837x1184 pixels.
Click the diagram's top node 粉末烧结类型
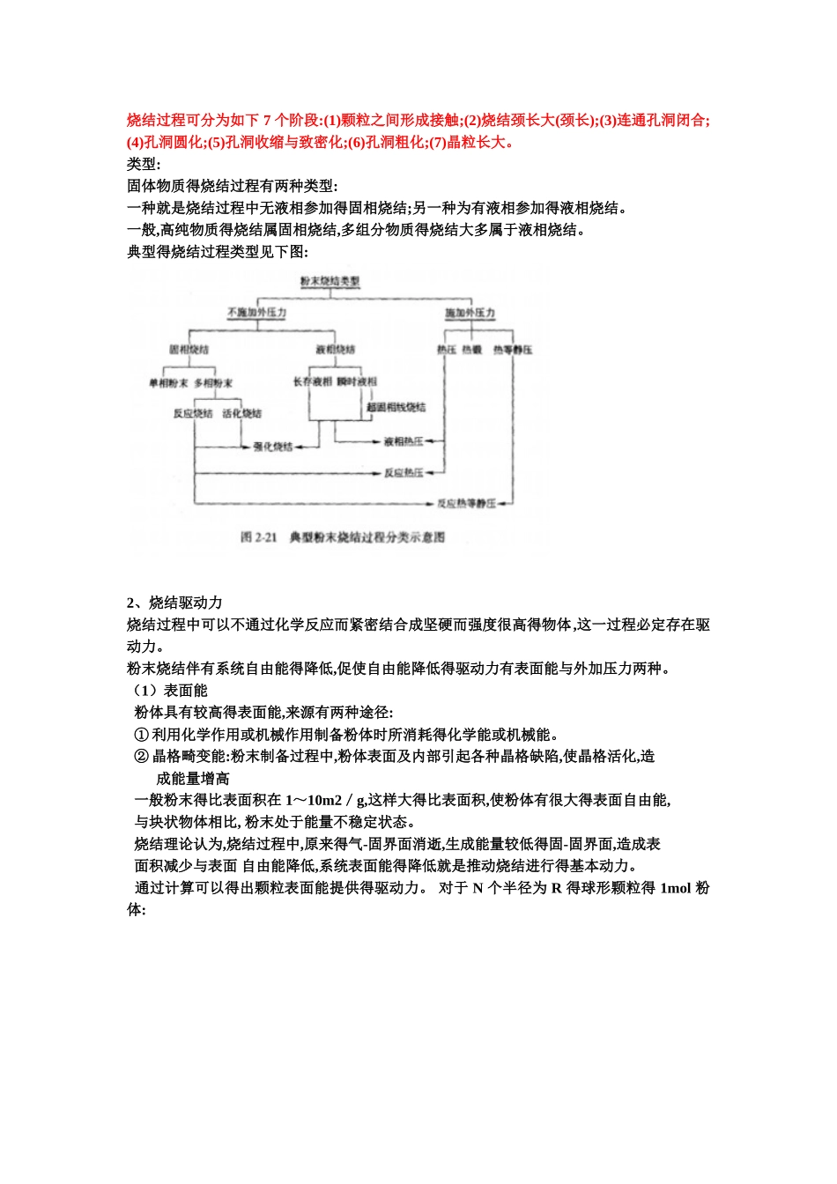tap(330, 281)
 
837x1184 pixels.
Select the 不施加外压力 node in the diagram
tap(256, 314)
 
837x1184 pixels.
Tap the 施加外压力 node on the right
tap(470, 314)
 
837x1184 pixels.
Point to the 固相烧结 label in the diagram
tap(189, 350)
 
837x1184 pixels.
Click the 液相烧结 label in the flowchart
tap(335, 350)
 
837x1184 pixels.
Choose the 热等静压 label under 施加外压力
tap(513, 350)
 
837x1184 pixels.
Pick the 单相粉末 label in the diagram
tap(168, 383)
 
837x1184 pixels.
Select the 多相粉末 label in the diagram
tap(213, 383)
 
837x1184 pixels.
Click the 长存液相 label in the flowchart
tap(313, 381)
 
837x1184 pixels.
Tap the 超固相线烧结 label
tap(396, 407)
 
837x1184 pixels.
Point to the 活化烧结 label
tap(241, 413)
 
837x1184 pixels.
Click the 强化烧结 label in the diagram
tap(273, 447)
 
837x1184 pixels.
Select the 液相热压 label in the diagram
tap(404, 441)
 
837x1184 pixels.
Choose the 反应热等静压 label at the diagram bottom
tap(467, 504)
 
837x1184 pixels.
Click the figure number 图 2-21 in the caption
tap(259, 537)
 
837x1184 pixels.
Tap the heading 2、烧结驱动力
tap(174, 603)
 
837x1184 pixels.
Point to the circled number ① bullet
tap(141, 734)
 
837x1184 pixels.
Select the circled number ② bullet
tap(141, 756)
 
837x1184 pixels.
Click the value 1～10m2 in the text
tap(313, 800)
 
